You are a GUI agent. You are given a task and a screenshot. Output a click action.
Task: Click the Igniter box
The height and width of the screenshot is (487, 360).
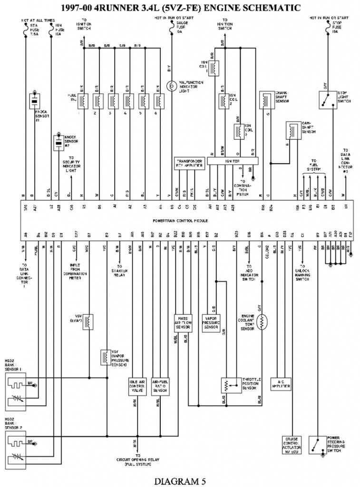[x=233, y=161]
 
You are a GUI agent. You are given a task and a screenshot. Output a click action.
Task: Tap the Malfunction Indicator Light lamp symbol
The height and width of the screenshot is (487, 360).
[x=171, y=86]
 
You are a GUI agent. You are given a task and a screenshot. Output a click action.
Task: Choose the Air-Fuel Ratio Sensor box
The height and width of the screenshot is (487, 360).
[x=160, y=385]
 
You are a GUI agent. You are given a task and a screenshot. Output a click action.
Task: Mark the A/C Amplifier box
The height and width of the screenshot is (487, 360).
[x=280, y=383]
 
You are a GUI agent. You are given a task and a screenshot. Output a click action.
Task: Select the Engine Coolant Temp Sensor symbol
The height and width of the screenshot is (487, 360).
[x=262, y=319]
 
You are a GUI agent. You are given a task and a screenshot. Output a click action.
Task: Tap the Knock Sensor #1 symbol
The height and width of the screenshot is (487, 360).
[x=34, y=100]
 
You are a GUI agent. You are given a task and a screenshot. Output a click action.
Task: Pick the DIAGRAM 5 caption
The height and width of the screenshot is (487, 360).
[x=180, y=481]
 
